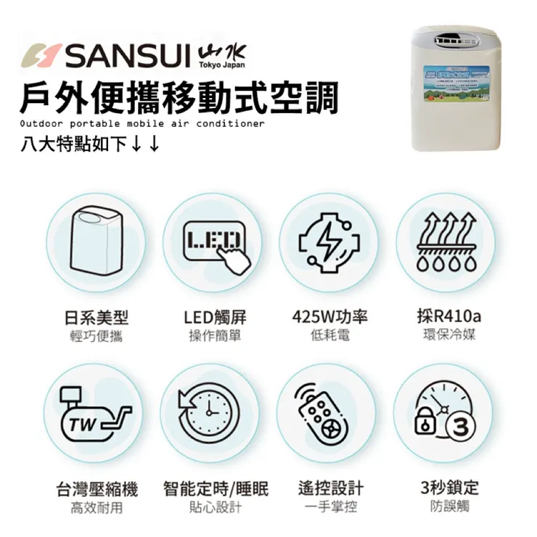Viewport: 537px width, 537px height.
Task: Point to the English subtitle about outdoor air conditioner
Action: pyautogui.click(x=143, y=124)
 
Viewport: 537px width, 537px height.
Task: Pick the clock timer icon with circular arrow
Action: pyautogui.click(x=210, y=414)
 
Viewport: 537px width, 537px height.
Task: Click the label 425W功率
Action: pyautogui.click(x=329, y=318)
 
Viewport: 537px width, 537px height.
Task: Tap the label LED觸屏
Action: pyautogui.click(x=215, y=318)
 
